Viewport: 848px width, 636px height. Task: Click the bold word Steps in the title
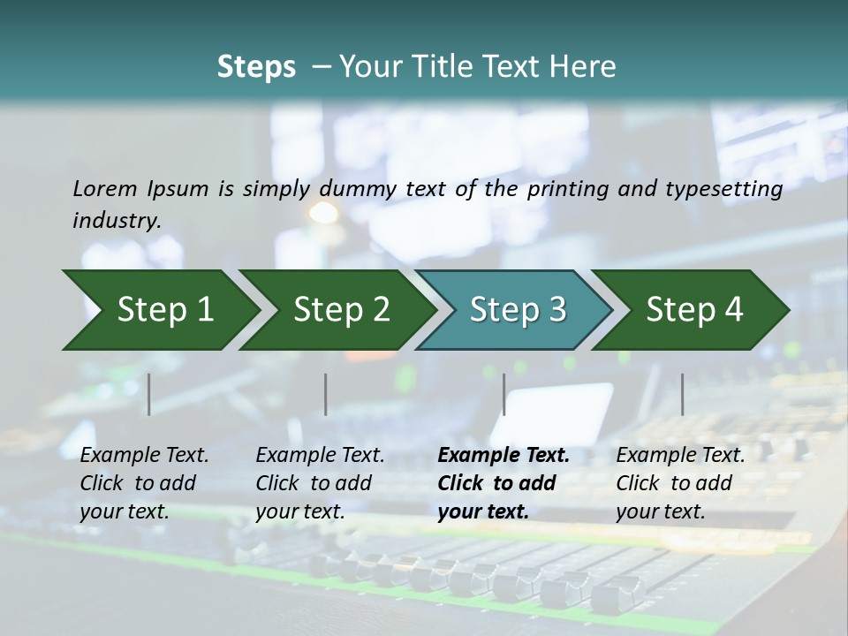(x=256, y=67)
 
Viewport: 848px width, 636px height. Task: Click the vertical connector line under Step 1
(x=149, y=394)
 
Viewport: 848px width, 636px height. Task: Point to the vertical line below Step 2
(x=326, y=394)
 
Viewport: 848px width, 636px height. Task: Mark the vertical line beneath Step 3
(x=503, y=394)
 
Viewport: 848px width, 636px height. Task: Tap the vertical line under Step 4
(x=682, y=394)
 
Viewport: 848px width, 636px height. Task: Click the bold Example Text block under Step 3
(x=503, y=483)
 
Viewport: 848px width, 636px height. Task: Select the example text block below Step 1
(x=145, y=483)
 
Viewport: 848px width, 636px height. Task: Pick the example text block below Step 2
(x=321, y=483)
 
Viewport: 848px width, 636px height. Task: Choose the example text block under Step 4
(x=680, y=483)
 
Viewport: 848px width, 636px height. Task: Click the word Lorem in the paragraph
(x=105, y=189)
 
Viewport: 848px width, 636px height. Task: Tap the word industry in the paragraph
(x=116, y=220)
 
